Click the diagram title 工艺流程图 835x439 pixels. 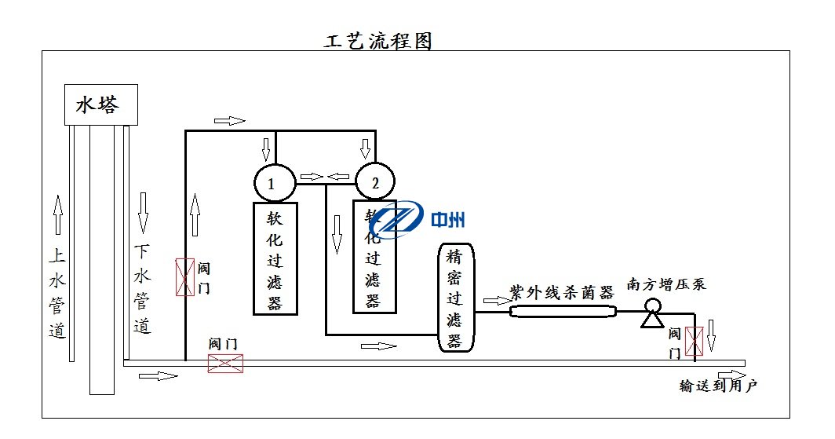click(378, 41)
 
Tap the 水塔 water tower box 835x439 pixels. click(100, 104)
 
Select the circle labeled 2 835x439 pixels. click(375, 184)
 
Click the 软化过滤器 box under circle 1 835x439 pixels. click(275, 258)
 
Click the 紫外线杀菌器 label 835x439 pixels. click(560, 292)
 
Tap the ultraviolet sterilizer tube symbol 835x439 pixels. click(563, 311)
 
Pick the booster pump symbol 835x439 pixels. click(651, 314)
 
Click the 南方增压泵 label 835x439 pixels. click(665, 284)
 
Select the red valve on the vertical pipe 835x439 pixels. click(184, 276)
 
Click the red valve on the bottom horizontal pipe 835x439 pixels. click(225, 363)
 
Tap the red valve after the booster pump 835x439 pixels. click(694, 341)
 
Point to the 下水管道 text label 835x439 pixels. click(142, 289)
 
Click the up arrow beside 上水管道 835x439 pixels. click(57, 215)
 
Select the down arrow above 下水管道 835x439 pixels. click(143, 211)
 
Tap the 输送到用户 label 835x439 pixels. click(719, 386)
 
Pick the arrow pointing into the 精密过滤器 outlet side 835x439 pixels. click(497, 301)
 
